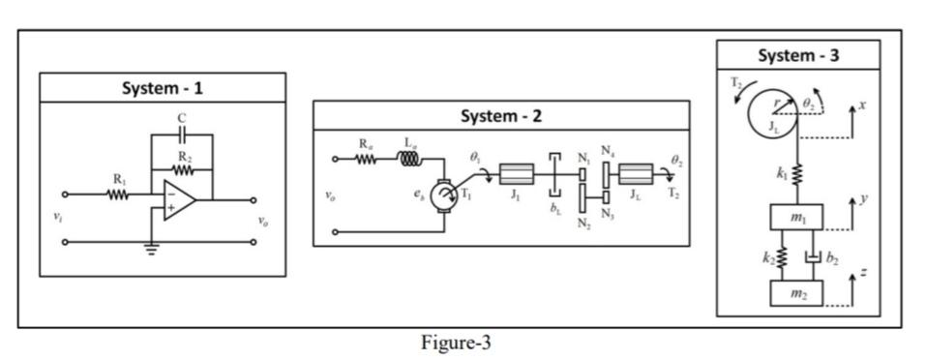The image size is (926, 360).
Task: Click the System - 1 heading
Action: pyautogui.click(x=163, y=88)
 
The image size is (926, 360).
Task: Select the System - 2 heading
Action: pyautogui.click(x=500, y=116)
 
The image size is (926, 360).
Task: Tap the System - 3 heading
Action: pyautogui.click(x=797, y=55)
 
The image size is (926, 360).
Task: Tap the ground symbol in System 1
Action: pyautogui.click(x=150, y=248)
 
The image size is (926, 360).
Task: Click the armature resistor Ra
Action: pyautogui.click(x=365, y=159)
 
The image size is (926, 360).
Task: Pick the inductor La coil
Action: pyautogui.click(x=411, y=159)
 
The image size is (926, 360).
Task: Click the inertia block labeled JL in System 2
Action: pyautogui.click(x=634, y=175)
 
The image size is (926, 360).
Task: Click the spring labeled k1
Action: pyautogui.click(x=798, y=174)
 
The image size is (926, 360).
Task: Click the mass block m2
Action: pyautogui.click(x=797, y=293)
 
